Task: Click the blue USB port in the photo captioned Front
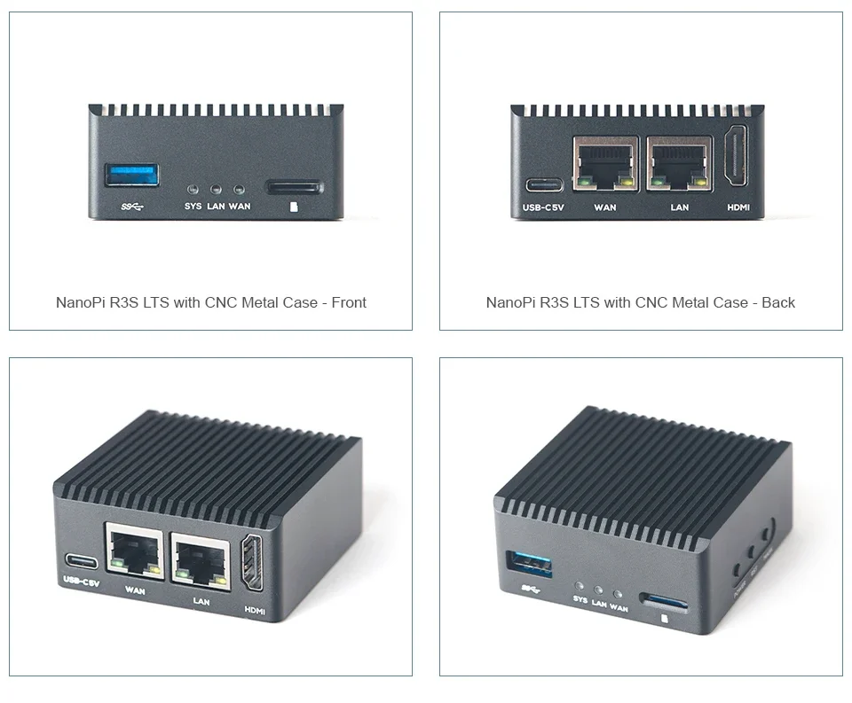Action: [x=132, y=174]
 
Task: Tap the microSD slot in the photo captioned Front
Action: [x=295, y=188]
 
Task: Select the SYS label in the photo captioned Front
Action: [x=193, y=207]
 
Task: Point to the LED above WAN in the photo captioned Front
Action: [x=239, y=189]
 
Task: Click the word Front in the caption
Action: [x=348, y=302]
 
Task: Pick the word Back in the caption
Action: [x=777, y=302]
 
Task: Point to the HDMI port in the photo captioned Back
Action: [x=737, y=158]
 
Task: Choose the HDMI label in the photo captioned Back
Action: [x=738, y=207]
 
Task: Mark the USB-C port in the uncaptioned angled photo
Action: [x=80, y=563]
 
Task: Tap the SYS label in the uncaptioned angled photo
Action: [x=580, y=600]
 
